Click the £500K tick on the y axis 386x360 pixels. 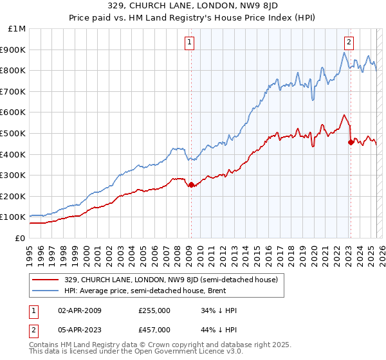(x=14, y=133)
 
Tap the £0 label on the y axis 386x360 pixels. (x=21, y=238)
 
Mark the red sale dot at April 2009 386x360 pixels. (x=191, y=184)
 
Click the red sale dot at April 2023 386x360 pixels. (x=351, y=142)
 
